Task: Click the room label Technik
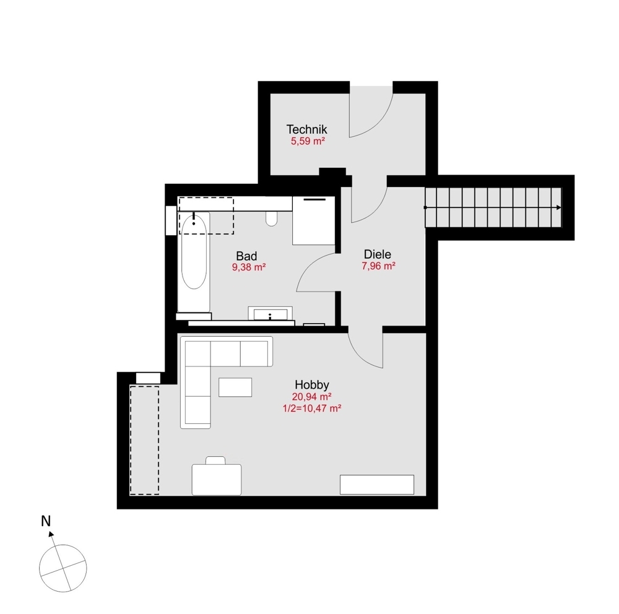306,129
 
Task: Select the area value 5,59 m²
308,141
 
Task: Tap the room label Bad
246,256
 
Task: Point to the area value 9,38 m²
249,267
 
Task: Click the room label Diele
378,254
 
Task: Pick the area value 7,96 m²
378,266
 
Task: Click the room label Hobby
311,384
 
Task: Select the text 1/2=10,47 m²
312,408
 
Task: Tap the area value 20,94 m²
312,396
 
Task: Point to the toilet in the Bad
271,218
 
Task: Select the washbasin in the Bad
271,314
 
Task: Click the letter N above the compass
45,521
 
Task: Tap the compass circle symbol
63,568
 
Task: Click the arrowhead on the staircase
559,207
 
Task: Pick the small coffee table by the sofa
236,387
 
